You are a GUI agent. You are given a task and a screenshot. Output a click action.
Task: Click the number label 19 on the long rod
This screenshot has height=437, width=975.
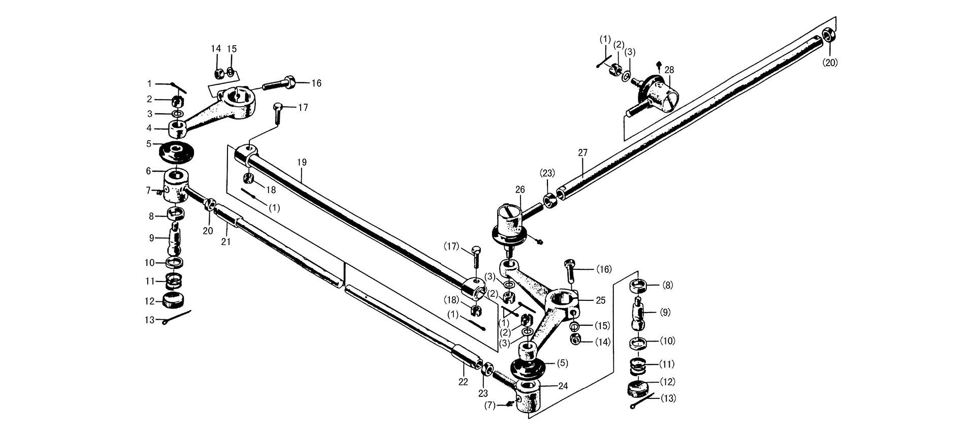(x=302, y=163)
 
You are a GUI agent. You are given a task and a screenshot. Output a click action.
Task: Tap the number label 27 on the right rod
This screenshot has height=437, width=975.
(x=582, y=152)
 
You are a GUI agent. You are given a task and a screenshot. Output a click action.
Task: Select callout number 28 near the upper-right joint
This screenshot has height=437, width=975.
(x=669, y=70)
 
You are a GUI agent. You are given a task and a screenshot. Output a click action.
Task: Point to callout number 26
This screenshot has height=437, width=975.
(x=519, y=190)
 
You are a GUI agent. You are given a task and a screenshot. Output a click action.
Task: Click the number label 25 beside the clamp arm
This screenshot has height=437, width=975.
(x=601, y=300)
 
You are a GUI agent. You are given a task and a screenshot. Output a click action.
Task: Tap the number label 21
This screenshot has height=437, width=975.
(x=226, y=242)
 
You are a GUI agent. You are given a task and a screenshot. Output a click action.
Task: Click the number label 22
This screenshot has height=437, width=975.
(x=463, y=382)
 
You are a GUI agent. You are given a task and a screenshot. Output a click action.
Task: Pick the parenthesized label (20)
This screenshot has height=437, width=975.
(x=830, y=63)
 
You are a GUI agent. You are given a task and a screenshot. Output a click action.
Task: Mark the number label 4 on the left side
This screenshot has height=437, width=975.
(x=150, y=128)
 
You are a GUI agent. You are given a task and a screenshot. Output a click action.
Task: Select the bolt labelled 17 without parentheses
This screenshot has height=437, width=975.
(x=277, y=112)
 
